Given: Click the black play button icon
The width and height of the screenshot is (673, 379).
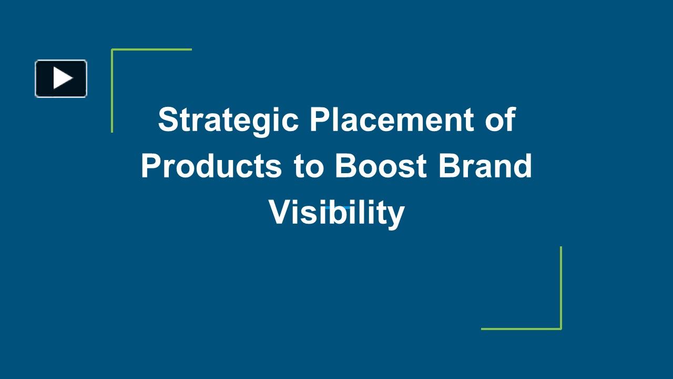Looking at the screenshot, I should tap(61, 79).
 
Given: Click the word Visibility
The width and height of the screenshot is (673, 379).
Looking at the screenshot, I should tap(336, 213).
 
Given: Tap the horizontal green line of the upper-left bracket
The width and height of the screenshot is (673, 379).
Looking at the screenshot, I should tap(152, 49).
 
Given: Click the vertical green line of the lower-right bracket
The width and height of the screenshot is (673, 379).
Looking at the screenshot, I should tap(561, 287).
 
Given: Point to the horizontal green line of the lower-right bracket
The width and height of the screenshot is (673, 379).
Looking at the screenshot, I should tap(521, 329).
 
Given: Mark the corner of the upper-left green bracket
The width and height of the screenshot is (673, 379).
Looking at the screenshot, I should tap(112, 49).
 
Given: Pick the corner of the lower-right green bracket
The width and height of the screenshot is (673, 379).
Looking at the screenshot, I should tap(561, 329).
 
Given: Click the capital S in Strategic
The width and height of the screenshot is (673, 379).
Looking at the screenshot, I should tap(169, 119).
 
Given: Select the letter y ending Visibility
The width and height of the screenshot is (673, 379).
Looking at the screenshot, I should tap(396, 215).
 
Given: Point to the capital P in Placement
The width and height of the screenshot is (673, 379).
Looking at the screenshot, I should tap(320, 119).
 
